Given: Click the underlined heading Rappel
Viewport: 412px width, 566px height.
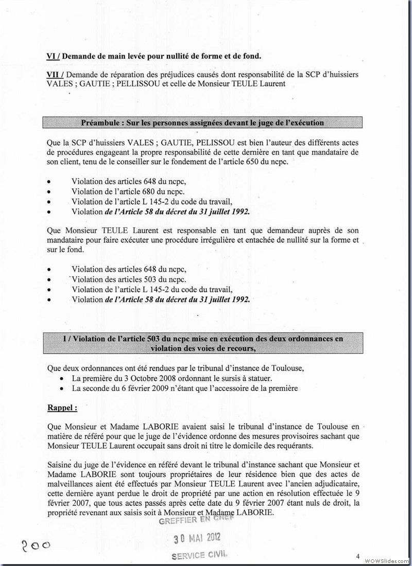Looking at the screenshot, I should (x=62, y=408).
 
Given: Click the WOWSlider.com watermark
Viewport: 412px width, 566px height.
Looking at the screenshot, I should (x=386, y=560).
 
